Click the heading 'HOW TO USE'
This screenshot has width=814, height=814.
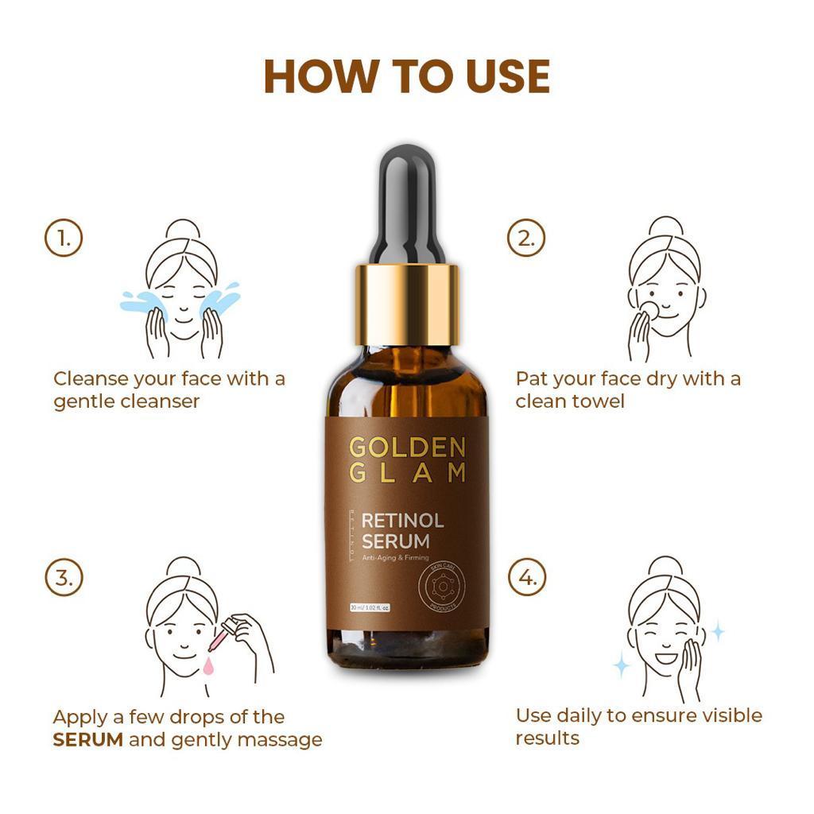tap(406, 76)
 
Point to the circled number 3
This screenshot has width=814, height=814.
tap(64, 577)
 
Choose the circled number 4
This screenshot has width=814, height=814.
tap(527, 577)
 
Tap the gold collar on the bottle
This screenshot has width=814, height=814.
tap(406, 304)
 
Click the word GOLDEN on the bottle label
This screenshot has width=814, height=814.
tap(406, 447)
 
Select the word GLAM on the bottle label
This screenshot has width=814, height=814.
tap(406, 474)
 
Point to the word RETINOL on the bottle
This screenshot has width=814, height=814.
tap(402, 521)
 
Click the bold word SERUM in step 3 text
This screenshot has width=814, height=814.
tap(87, 740)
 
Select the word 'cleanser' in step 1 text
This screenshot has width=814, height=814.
tap(160, 401)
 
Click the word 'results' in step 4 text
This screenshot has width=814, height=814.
tap(547, 738)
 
